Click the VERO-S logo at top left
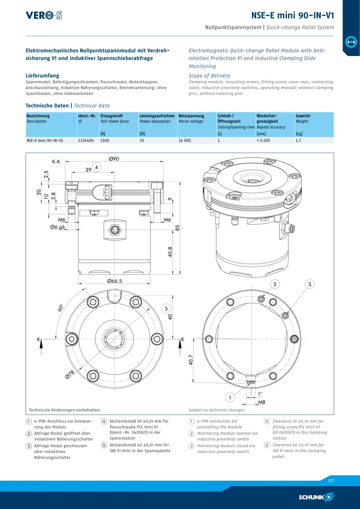pyautogui.click(x=44, y=15)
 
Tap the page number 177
pyautogui.click(x=330, y=481)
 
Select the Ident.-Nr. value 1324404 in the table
pyautogui.click(x=86, y=141)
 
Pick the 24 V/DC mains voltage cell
pyautogui.click(x=185, y=141)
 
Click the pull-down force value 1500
pyautogui.click(x=104, y=141)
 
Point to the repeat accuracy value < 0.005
pyautogui.click(x=263, y=141)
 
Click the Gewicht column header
pyautogui.click(x=303, y=116)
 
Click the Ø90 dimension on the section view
pyautogui.click(x=114, y=159)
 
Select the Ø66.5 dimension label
pyautogui.click(x=115, y=281)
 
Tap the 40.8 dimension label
pyautogui.click(x=170, y=252)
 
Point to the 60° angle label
pyautogui.click(x=61, y=308)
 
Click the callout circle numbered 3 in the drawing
pyautogui.click(x=310, y=284)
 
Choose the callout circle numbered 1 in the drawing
pyautogui.click(x=230, y=398)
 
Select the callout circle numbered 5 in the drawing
pyautogui.click(x=166, y=308)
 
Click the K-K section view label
pyautogui.click(x=56, y=161)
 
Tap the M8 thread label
pyautogui.click(x=261, y=402)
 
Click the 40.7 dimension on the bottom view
pyautogui.click(x=191, y=360)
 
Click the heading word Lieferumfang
pyautogui.click(x=43, y=76)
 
